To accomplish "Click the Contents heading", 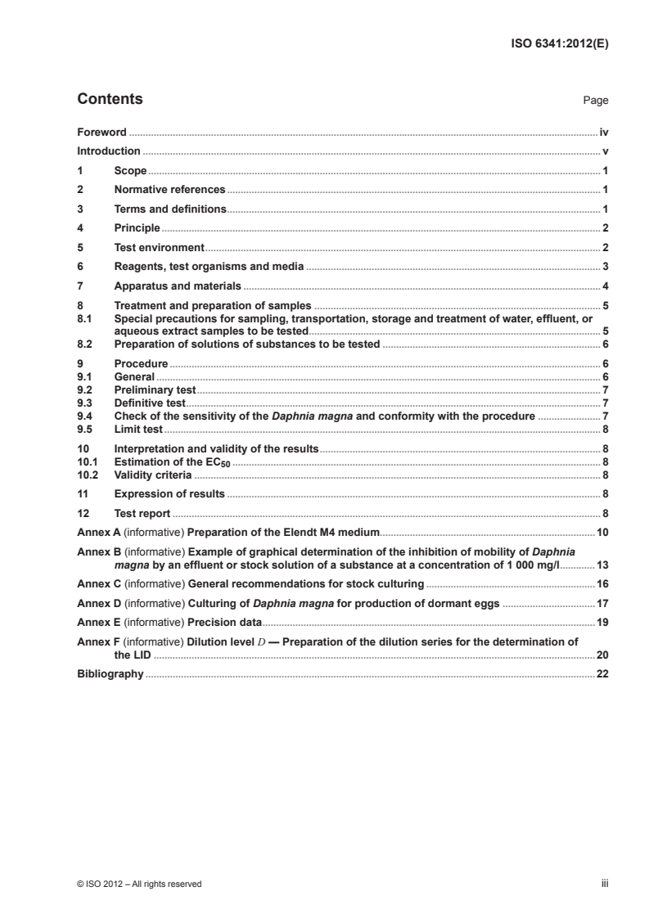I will pos(110,100).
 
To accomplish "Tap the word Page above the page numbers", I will pos(595,101).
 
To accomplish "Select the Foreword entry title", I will pos(102,132).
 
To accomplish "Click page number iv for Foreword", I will pos(603,132).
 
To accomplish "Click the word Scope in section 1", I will pos(131,171).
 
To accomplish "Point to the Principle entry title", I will pos(137,227).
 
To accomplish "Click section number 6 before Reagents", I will pos(80,266).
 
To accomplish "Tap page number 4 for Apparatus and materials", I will pos(605,286).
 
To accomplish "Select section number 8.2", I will pos(84,344).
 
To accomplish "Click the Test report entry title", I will pos(142,514).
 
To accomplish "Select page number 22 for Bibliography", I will pos(602,674).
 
